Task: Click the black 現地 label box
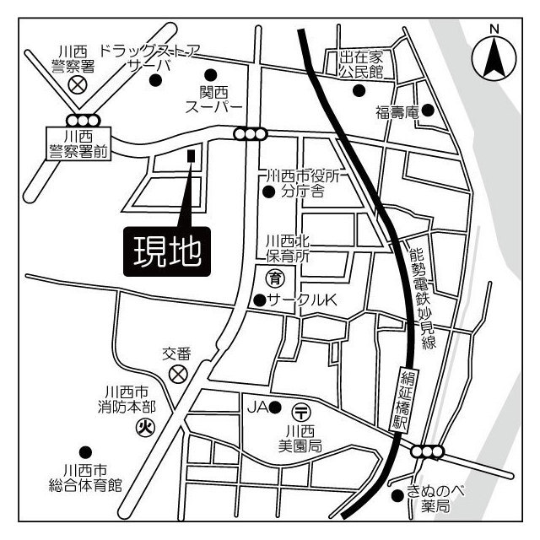click(x=167, y=250)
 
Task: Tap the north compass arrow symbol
click(x=494, y=56)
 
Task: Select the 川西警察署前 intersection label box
click(x=78, y=143)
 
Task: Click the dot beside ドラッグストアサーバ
click(x=155, y=80)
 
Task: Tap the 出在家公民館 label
click(x=361, y=64)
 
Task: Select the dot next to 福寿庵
click(x=427, y=110)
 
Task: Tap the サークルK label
click(x=301, y=300)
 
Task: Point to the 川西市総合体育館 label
click(x=92, y=478)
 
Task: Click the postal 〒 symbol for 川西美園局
click(x=301, y=411)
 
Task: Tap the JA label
click(x=256, y=408)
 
